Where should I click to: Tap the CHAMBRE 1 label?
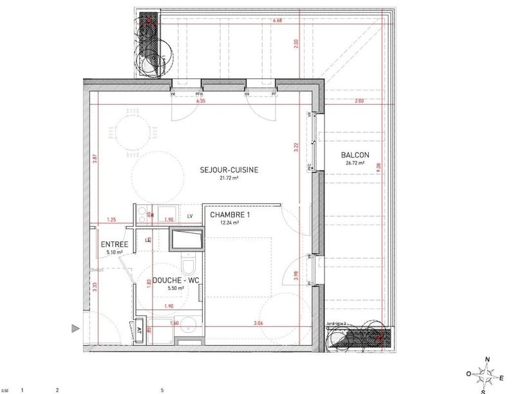pyautogui.click(x=224, y=215)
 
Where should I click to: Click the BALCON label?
pyautogui.click(x=355, y=155)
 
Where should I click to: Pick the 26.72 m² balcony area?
pyautogui.click(x=355, y=163)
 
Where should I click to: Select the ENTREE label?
pyautogui.click(x=115, y=245)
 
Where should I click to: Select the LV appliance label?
pyautogui.click(x=190, y=216)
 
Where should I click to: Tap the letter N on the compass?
pyautogui.click(x=487, y=360)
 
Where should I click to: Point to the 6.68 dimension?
pyautogui.click(x=278, y=21)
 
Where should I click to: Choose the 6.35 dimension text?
pyautogui.click(x=200, y=102)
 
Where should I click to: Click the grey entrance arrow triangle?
pyautogui.click(x=75, y=328)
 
